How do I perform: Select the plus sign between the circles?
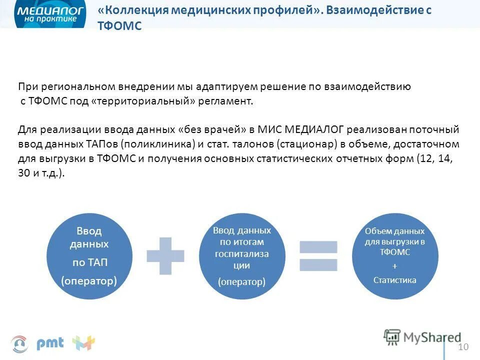click(165, 255)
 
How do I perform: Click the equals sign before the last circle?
click(319, 255)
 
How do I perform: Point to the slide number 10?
click(463, 347)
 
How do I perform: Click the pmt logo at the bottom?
click(50, 343)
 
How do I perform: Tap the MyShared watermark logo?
click(422, 337)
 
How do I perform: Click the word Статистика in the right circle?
click(394, 280)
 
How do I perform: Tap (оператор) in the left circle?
click(89, 281)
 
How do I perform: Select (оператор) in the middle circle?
click(241, 282)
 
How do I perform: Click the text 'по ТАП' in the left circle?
click(89, 262)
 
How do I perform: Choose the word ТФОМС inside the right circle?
click(394, 252)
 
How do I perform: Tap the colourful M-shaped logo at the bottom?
click(83, 343)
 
